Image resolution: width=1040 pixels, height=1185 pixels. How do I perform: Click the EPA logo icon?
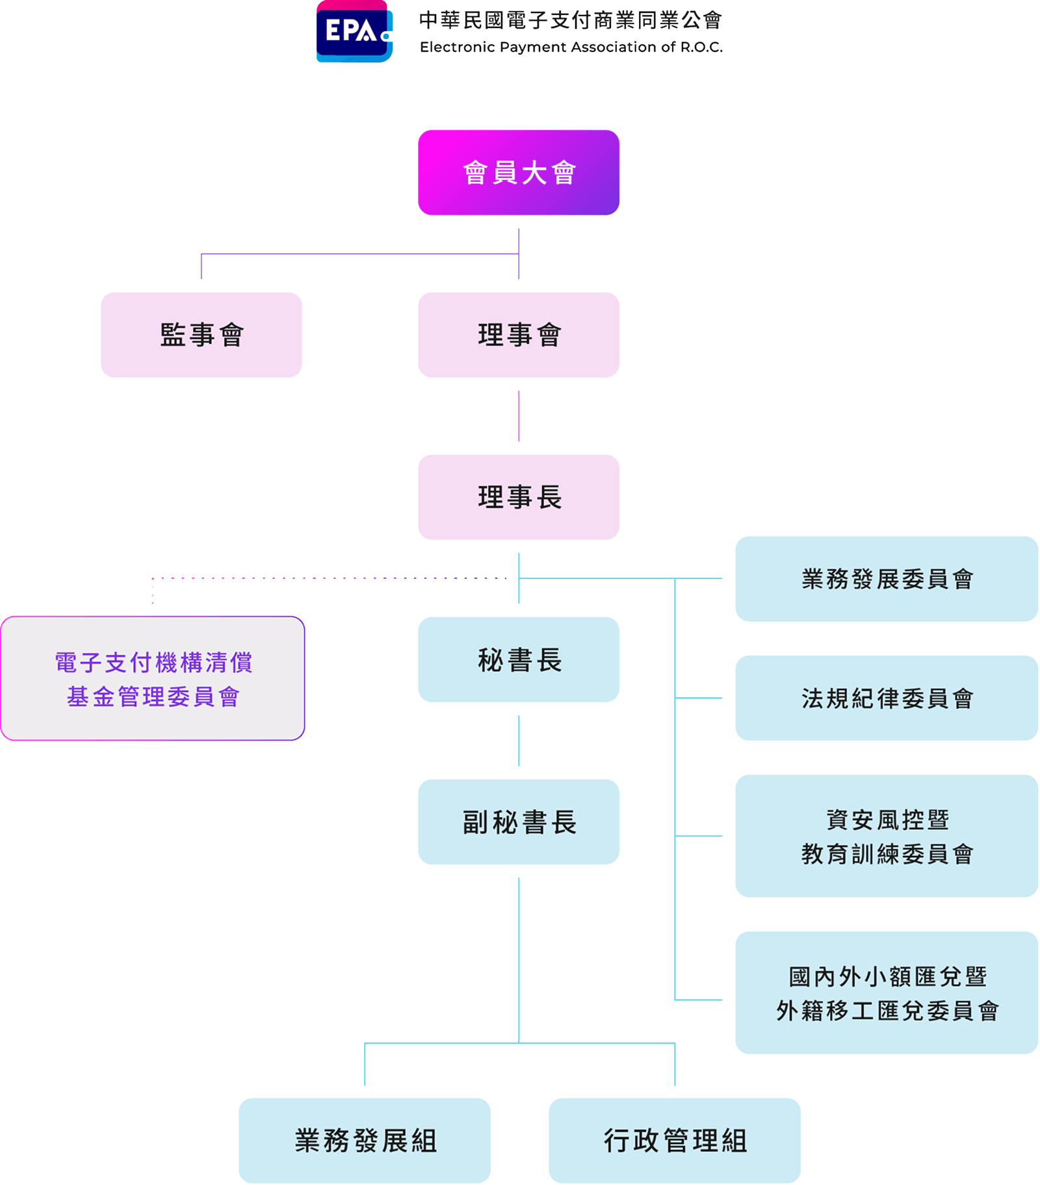pyautogui.click(x=354, y=31)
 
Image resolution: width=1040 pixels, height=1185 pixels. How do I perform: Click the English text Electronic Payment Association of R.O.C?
pyautogui.click(x=571, y=47)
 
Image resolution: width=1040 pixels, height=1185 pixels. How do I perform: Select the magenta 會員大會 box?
pyautogui.click(x=519, y=172)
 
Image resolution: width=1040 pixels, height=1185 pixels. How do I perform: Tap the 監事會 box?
pyautogui.click(x=201, y=335)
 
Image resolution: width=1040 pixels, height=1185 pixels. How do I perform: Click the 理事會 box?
pyautogui.click(x=519, y=335)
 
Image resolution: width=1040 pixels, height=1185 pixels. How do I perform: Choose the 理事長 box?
pyautogui.click(x=519, y=497)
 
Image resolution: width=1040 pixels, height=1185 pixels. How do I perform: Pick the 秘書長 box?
pyautogui.click(x=519, y=659)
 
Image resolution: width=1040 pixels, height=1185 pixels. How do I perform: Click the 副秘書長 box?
pyautogui.click(x=519, y=822)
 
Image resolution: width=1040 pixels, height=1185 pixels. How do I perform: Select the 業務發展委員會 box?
pyautogui.click(x=887, y=579)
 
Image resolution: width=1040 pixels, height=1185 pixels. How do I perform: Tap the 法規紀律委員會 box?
pyautogui.click(x=887, y=698)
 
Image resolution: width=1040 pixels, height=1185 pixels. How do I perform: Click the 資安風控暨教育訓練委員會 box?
pyautogui.click(x=887, y=836)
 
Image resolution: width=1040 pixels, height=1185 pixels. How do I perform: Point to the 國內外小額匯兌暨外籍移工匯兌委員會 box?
pyautogui.click(x=887, y=993)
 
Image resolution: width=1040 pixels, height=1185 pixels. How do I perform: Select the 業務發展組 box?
pyautogui.click(x=365, y=1141)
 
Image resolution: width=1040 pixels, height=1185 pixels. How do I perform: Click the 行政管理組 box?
pyautogui.click(x=675, y=1141)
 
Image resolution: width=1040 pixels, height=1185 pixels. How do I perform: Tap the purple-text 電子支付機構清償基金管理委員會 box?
pyautogui.click(x=153, y=678)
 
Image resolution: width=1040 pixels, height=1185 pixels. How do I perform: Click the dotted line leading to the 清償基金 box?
pyautogui.click(x=325, y=578)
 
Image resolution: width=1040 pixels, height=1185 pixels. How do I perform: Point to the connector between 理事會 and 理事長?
pyautogui.click(x=519, y=416)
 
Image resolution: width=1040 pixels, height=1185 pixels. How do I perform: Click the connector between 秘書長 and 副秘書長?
pyautogui.click(x=519, y=741)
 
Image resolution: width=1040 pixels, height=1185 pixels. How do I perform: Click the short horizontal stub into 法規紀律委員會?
pyautogui.click(x=699, y=698)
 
